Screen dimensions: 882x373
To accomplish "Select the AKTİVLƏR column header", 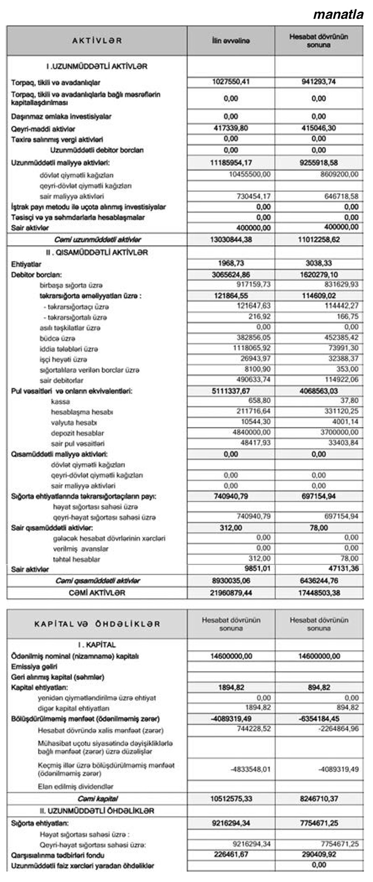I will (x=97, y=41).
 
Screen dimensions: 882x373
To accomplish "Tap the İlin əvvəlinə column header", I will (x=231, y=41).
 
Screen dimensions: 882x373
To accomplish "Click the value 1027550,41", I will (x=231, y=82).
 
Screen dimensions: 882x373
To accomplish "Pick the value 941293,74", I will (x=319, y=82).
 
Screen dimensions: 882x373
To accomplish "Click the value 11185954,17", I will (x=231, y=163).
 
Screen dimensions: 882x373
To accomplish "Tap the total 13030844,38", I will (x=231, y=240).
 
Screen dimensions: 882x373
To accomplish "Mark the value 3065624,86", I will (x=231, y=275).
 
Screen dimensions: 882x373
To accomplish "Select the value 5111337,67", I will (x=231, y=391).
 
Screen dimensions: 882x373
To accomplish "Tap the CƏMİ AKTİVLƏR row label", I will (x=97, y=593).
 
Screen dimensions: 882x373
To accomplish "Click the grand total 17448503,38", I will (x=319, y=593).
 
